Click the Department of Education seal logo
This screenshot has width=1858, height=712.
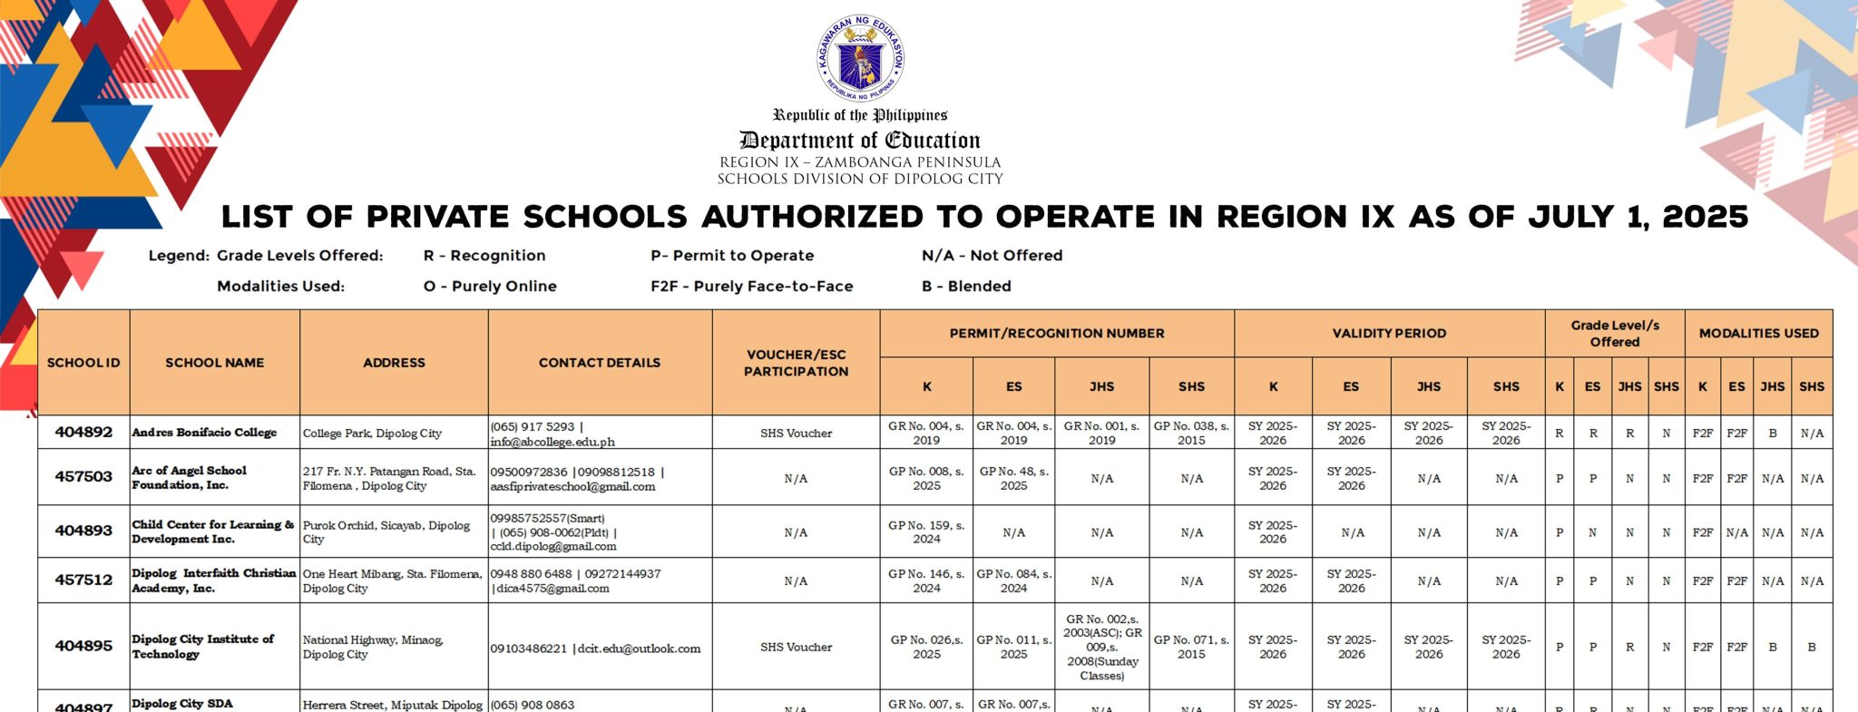(860, 58)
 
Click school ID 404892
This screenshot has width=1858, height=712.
(83, 433)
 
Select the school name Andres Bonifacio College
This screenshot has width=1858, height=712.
(204, 433)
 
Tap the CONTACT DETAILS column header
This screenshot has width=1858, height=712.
(599, 363)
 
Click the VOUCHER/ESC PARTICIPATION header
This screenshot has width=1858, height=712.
(796, 363)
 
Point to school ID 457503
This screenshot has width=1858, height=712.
(83, 477)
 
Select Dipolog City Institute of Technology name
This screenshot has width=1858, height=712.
(203, 647)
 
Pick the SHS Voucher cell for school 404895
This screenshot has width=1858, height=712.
(796, 648)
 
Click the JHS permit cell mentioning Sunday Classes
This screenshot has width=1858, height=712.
(1101, 648)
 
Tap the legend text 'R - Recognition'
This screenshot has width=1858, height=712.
(484, 256)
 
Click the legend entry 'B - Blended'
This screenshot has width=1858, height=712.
(966, 287)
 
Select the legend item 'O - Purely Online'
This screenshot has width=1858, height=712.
(490, 287)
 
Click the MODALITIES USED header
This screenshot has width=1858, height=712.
(1758, 334)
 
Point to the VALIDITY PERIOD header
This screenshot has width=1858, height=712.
(1389, 334)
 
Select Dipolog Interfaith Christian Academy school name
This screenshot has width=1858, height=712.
(214, 580)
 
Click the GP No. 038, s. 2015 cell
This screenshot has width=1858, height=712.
(1191, 433)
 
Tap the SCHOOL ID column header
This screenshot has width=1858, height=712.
(83, 363)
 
